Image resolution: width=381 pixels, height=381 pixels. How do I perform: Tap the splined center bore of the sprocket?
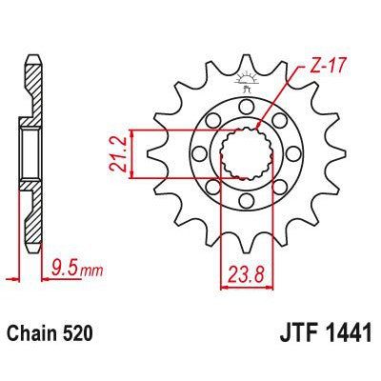tap(243, 152)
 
